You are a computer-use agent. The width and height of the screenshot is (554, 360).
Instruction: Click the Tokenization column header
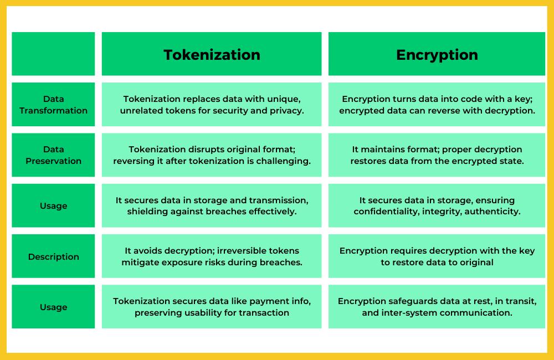coord(212,55)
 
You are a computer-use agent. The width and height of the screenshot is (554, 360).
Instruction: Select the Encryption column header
coord(437,55)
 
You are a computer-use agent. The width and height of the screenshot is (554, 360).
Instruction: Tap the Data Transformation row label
coord(53,105)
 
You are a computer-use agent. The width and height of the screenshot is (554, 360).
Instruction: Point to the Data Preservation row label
coord(53,155)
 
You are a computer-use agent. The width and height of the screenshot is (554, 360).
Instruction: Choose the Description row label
coord(53,256)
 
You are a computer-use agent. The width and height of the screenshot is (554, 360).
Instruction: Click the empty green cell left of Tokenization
coord(53,54)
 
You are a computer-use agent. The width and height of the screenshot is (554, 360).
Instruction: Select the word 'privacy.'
coord(286,111)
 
